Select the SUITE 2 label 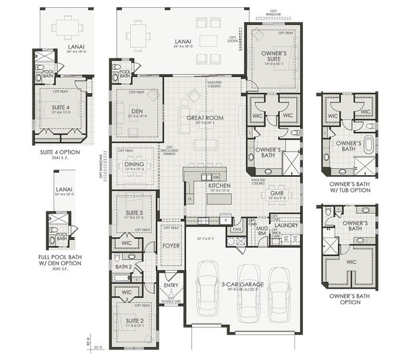[x=134, y=321]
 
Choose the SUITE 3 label [x=134, y=213]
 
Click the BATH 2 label [x=123, y=266]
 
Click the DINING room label [x=134, y=163]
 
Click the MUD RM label [x=262, y=232]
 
